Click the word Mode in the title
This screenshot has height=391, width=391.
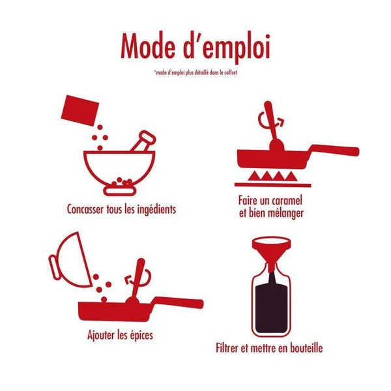click(x=148, y=46)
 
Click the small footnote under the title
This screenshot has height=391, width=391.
click(x=195, y=72)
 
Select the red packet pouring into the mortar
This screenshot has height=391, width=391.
click(x=80, y=110)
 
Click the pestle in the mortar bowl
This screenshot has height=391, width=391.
click(x=143, y=141)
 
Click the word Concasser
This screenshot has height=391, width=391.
click(x=85, y=209)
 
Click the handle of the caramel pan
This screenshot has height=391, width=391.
click(x=334, y=150)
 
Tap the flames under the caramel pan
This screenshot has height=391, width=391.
click(x=272, y=176)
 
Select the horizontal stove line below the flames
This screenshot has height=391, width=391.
click(x=273, y=185)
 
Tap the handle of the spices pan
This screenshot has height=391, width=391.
click(x=179, y=302)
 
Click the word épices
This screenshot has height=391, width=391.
click(x=141, y=335)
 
